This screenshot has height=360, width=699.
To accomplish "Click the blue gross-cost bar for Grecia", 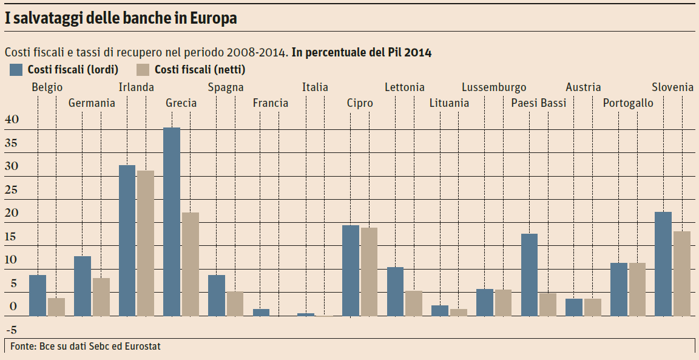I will click(x=172, y=222).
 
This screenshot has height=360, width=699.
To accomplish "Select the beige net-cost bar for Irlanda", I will click(x=146, y=243).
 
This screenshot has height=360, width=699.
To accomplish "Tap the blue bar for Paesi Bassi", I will click(x=529, y=274).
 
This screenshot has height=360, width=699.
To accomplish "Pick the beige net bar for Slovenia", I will click(x=682, y=273).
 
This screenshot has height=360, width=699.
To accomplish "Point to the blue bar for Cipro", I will click(x=351, y=270).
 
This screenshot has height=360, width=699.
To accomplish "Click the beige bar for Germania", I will click(x=101, y=297).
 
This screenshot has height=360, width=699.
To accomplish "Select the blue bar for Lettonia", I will click(x=395, y=291).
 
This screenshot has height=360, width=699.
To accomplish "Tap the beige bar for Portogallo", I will click(x=637, y=289).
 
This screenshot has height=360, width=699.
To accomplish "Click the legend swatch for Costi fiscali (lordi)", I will click(x=16, y=69).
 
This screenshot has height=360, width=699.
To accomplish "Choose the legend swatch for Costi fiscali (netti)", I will click(x=144, y=69).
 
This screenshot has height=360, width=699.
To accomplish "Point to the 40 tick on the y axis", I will click(x=12, y=120).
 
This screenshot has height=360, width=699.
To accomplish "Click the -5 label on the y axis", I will click(x=12, y=330).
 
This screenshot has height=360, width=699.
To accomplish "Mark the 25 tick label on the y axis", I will click(x=12, y=190).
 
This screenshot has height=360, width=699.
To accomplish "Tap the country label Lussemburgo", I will click(x=494, y=87).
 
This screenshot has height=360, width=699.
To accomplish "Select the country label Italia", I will click(x=315, y=87).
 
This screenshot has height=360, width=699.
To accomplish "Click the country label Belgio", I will click(x=47, y=87).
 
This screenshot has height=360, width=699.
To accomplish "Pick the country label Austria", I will click(x=583, y=87).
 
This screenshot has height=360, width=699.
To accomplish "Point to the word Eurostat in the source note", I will click(x=141, y=347).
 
